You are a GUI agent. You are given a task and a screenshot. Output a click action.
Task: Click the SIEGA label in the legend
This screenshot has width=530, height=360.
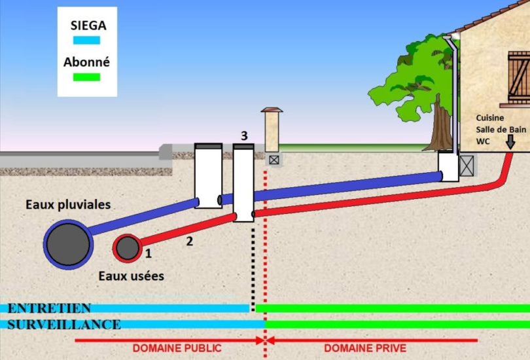86,26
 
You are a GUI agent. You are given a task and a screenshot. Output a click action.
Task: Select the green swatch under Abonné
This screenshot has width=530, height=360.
86,77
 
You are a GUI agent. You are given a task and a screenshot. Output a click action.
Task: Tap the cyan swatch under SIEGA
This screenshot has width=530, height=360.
86,40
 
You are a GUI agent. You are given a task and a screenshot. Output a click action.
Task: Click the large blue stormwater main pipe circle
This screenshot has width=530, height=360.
68,242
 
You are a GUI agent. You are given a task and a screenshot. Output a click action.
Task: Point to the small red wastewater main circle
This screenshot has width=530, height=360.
127,247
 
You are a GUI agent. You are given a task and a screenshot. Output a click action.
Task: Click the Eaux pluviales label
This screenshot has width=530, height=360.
68,204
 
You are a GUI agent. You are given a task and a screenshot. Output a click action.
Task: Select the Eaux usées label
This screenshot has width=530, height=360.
131,276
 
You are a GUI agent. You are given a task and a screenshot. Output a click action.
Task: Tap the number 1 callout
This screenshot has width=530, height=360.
149,253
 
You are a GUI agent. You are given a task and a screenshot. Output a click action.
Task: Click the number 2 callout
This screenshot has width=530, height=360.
189,241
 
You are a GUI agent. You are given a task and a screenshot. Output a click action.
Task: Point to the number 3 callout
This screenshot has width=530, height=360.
243,135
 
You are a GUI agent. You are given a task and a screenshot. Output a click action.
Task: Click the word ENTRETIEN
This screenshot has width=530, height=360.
50,308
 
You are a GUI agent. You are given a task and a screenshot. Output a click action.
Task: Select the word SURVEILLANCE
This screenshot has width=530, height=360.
64,324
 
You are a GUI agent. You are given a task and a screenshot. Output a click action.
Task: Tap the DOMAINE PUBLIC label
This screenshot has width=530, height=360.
177,348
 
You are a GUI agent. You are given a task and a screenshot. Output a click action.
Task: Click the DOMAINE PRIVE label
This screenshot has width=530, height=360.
364,348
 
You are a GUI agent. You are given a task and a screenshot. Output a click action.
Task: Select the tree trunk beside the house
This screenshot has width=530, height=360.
442,128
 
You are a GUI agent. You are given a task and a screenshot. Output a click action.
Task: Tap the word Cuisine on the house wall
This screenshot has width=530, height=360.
490,117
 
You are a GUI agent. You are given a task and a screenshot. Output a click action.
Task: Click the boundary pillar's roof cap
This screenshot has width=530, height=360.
272,110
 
